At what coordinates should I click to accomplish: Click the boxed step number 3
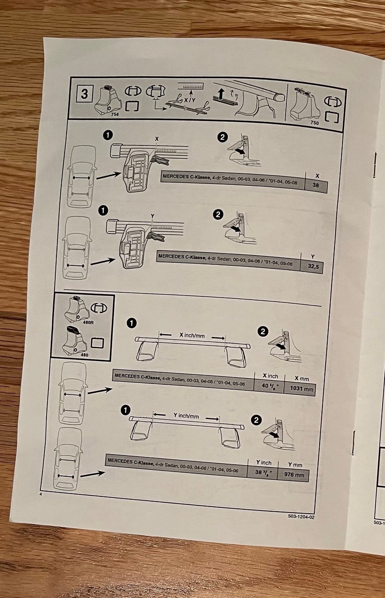pyautogui.click(x=84, y=94)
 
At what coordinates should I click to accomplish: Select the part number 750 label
pyautogui.click(x=314, y=123)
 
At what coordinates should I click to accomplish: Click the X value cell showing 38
pyautogui.click(x=316, y=186)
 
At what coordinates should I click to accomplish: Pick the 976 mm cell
pyautogui.click(x=294, y=475)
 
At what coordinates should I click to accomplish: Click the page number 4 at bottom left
pyautogui.click(x=41, y=494)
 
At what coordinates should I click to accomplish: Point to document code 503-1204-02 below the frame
pyautogui.click(x=301, y=517)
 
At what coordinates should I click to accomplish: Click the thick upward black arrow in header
pyautogui.click(x=221, y=95)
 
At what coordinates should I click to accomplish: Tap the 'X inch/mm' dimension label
pyautogui.click(x=192, y=335)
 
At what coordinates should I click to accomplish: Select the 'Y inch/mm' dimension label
pyautogui.click(x=186, y=416)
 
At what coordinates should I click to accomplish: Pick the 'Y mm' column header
pyautogui.click(x=295, y=465)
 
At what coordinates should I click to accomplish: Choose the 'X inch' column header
pyautogui.click(x=270, y=376)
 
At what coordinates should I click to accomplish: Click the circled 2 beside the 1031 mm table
pyautogui.click(x=263, y=332)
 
